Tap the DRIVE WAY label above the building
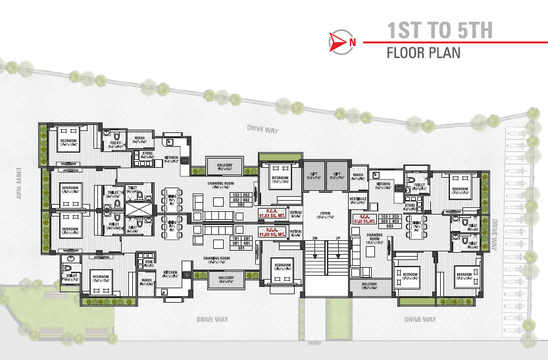coord(259,128)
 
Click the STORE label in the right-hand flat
coord(410,206)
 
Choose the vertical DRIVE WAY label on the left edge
coord(18,184)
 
